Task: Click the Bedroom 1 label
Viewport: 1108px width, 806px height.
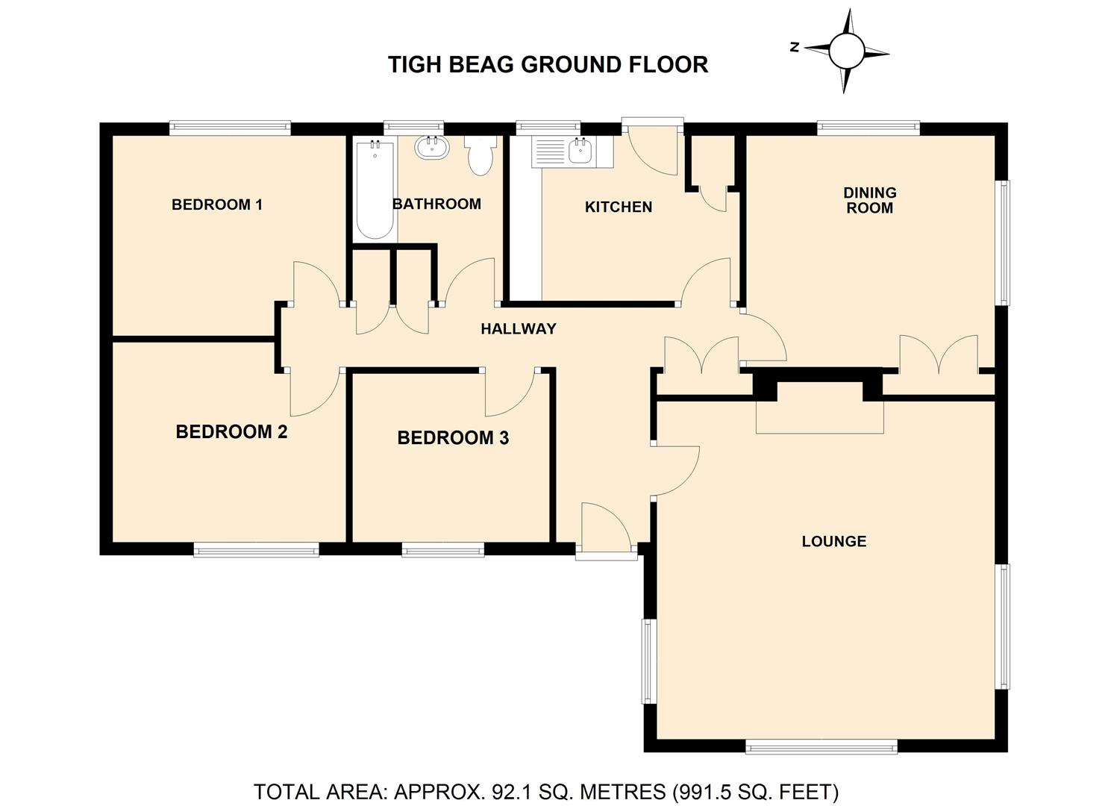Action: [x=216, y=204]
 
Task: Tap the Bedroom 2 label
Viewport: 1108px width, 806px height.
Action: [x=231, y=431]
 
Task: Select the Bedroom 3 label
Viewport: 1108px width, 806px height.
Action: [x=453, y=437]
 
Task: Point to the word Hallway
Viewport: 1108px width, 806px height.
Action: [x=519, y=328]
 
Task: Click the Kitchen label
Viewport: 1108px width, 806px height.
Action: [x=619, y=207]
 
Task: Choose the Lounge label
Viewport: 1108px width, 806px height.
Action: [x=834, y=541]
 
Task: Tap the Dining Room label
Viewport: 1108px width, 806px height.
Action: [x=869, y=200]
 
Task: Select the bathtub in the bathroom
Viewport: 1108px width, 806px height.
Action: [x=375, y=190]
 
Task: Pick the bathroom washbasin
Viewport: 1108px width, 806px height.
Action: [x=432, y=148]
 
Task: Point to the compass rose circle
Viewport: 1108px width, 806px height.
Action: [x=846, y=51]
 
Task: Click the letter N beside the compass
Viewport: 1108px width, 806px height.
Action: [x=795, y=48]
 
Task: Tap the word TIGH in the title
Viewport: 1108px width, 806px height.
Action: [x=414, y=65]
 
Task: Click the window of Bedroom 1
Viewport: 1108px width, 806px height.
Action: [x=230, y=128]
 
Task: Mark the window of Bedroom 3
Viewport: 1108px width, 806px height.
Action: [x=443, y=550]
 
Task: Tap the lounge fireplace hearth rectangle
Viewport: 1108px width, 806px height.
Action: [x=820, y=417]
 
